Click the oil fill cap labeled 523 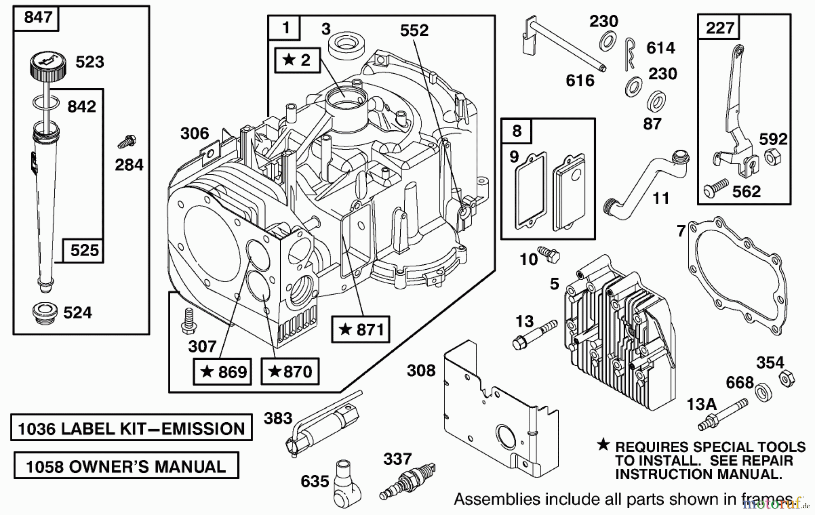click(x=48, y=67)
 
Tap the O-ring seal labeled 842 click(x=46, y=103)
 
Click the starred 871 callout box click(x=360, y=329)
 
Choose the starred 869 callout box click(x=222, y=372)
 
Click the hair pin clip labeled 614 click(x=630, y=53)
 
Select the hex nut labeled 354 click(x=787, y=378)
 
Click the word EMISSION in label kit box click(x=203, y=429)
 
